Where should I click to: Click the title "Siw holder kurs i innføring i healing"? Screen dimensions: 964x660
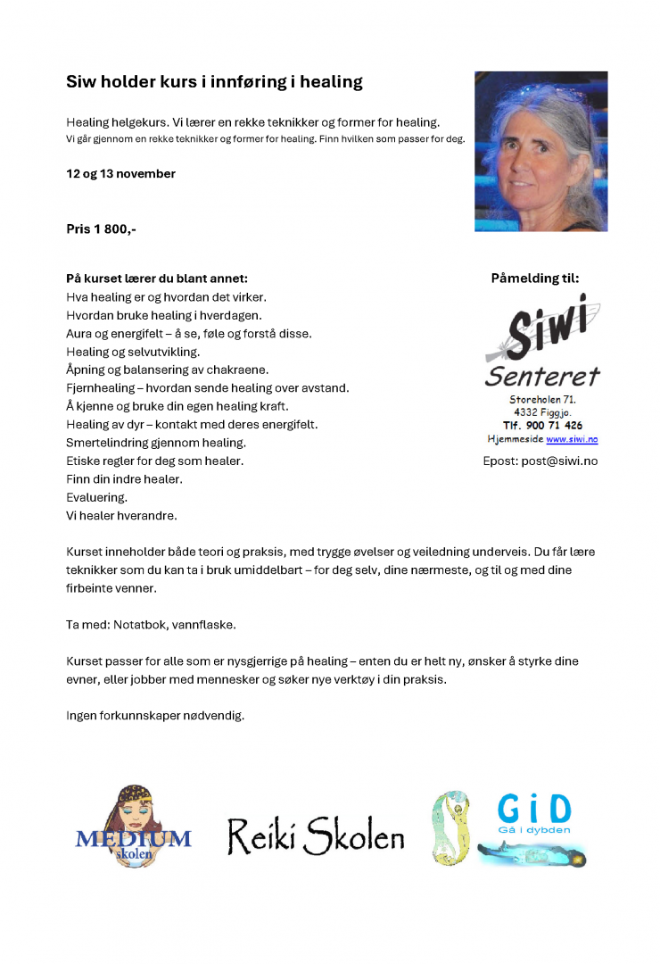(214, 82)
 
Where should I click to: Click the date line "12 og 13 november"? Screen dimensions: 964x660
(120, 173)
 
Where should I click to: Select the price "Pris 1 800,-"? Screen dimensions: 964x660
(101, 229)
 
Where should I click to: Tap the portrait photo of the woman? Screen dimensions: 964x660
(540, 151)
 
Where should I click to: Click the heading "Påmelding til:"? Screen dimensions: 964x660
(534, 278)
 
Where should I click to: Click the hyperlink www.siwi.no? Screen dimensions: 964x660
(572, 439)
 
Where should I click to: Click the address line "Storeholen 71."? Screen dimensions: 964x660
(541, 399)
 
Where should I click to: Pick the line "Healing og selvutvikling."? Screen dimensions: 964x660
(133, 352)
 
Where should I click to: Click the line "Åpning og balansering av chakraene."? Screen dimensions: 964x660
(167, 370)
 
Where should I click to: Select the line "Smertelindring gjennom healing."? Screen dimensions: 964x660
(156, 443)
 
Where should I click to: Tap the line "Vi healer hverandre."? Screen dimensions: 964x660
(121, 516)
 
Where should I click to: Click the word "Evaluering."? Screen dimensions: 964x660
(96, 497)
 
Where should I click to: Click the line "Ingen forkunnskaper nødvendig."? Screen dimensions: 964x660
(154, 716)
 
